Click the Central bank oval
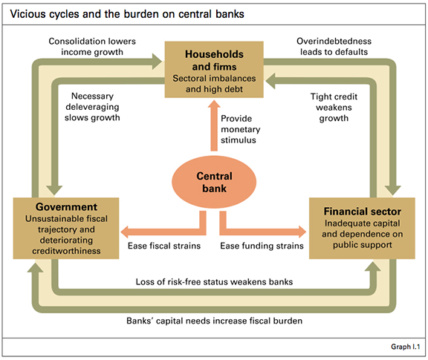point(214,182)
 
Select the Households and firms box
point(214,70)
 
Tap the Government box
point(66,229)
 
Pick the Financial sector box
point(362,229)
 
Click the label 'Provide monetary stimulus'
point(240,129)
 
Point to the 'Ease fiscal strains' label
point(164,246)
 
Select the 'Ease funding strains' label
point(262,246)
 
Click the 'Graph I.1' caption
point(406,347)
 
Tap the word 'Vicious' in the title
point(27,14)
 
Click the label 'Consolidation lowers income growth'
point(92,46)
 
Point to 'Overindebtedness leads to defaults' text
point(334,46)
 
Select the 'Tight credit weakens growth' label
point(334,107)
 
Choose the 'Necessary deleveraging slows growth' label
point(92,107)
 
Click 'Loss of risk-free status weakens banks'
point(214,282)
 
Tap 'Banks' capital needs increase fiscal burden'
point(214,321)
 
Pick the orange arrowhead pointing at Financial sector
point(302,232)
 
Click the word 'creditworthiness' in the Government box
point(66,251)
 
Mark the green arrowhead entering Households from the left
point(157,62)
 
